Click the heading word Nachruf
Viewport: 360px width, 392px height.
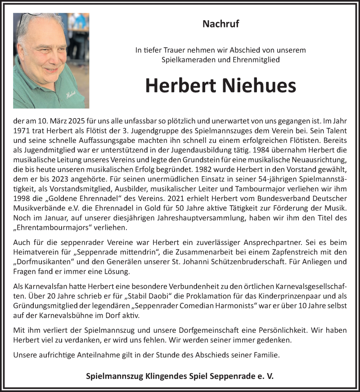coord(220,24)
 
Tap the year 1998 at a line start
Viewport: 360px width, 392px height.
coord(22,197)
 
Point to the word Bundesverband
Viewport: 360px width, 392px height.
coord(270,197)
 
